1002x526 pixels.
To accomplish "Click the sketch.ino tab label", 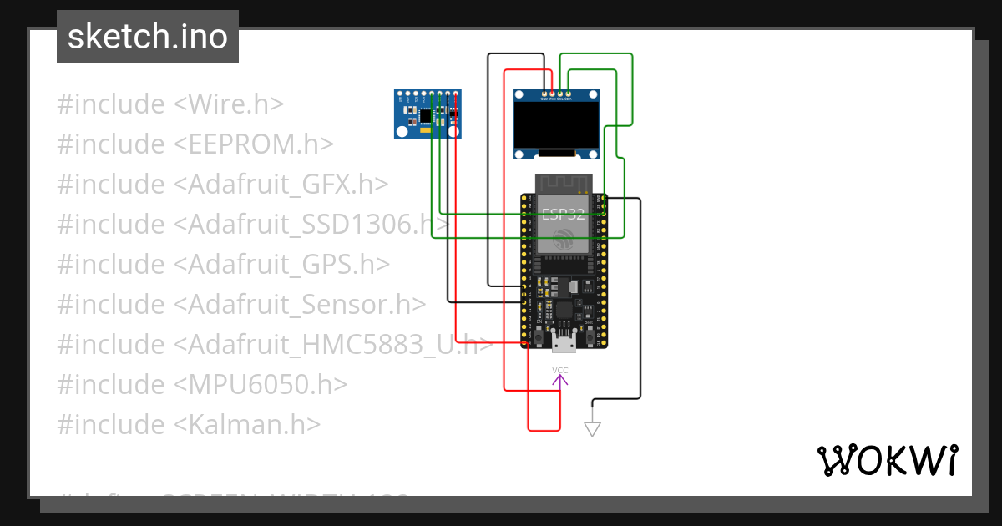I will click(x=148, y=37).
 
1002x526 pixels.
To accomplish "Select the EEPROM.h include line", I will click(x=195, y=144).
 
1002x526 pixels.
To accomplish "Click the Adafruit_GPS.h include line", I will click(x=223, y=265).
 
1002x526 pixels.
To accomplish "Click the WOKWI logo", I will click(x=887, y=460).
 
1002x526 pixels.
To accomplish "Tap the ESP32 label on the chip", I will click(x=563, y=213).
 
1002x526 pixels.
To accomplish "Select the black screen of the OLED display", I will click(x=556, y=124).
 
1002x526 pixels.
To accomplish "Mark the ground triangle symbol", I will click(x=592, y=429).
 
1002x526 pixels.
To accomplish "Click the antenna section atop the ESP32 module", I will click(x=564, y=183).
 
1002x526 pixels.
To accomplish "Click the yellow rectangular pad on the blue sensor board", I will click(x=425, y=130).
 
